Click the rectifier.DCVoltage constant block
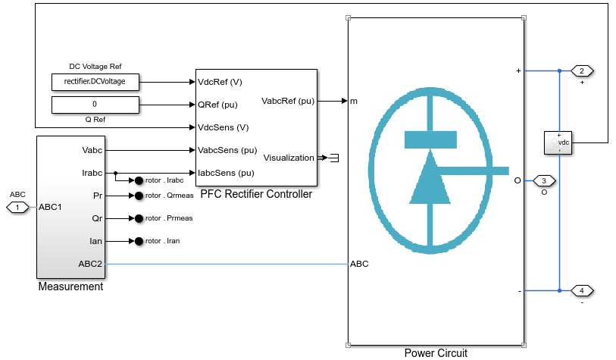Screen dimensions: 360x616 [x=95, y=81]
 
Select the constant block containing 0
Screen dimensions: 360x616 [x=95, y=105]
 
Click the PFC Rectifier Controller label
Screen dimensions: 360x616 [x=256, y=194]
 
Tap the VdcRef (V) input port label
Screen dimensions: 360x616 [x=220, y=81]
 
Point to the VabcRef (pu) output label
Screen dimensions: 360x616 [x=287, y=100]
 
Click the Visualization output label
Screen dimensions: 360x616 [x=288, y=158]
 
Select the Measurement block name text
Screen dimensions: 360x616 [x=70, y=286]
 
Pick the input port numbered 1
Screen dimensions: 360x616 [x=18, y=207]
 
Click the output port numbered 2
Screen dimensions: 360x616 [x=582, y=71]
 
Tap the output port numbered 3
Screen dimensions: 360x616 [x=545, y=181]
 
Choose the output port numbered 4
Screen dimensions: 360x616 [x=582, y=290]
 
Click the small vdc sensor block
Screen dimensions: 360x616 [x=558, y=142]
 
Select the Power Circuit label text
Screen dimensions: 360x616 [x=436, y=352]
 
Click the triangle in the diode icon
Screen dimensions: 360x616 [x=430, y=178]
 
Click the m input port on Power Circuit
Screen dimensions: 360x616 [x=353, y=101]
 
